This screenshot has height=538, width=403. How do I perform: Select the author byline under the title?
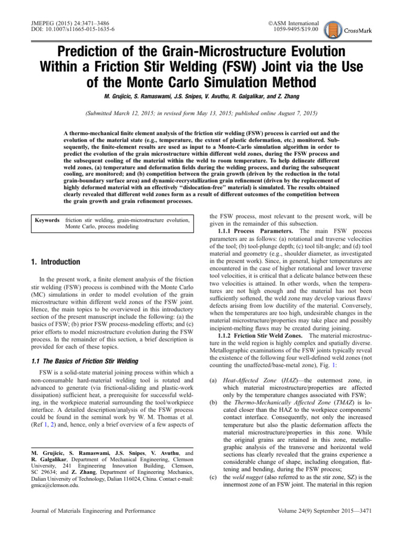tap(201, 98)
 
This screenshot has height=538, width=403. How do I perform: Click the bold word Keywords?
tap(47, 220)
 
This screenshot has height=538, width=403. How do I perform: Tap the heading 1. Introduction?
tap(53, 262)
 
